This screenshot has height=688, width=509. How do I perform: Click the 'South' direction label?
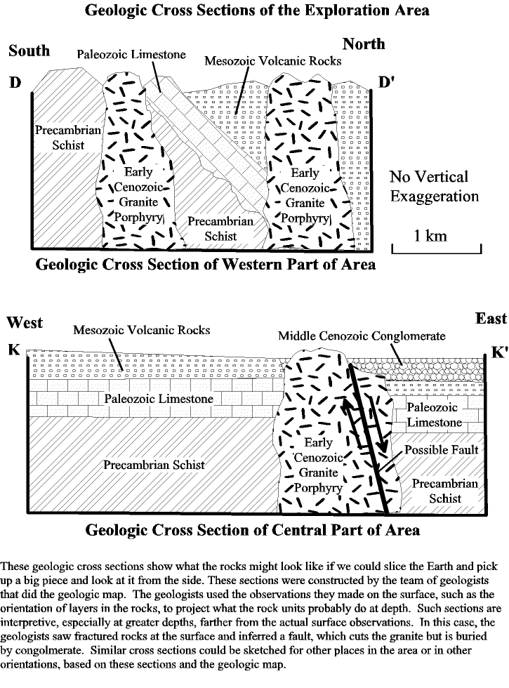point(29,51)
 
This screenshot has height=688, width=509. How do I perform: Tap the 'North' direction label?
point(364,44)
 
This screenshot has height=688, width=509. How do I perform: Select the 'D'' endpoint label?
point(385,81)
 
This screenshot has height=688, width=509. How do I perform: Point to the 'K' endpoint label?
point(14,350)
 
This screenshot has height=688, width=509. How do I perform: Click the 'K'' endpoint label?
point(499,352)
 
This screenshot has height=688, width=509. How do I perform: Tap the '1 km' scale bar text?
point(430,236)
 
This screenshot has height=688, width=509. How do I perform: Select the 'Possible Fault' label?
point(441,450)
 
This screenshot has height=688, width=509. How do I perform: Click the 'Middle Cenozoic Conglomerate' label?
point(362,336)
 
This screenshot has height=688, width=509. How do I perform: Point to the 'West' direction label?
point(25,322)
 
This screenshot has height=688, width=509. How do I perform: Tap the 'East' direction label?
point(491,318)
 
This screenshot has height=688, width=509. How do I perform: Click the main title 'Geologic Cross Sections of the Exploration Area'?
point(257,10)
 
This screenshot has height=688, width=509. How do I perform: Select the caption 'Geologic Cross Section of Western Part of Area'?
point(205,265)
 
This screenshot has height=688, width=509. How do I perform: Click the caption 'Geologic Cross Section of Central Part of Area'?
point(252,529)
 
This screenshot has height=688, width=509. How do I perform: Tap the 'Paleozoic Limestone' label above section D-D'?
point(131,55)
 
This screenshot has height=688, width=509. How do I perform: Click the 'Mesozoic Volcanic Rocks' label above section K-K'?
point(141,330)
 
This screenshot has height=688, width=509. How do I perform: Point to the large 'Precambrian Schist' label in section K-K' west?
point(154,465)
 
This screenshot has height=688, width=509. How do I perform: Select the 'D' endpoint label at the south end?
point(15,81)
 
